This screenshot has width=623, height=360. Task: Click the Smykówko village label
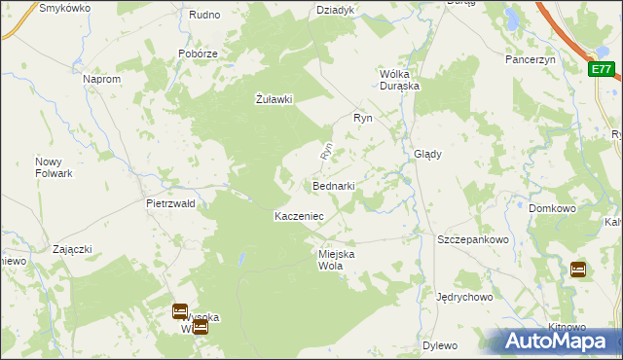click(64, 8)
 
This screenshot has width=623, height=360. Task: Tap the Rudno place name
click(204, 15)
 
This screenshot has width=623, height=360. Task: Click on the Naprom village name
click(102, 79)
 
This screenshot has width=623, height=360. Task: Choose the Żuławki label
click(274, 98)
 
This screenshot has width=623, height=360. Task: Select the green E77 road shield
click(602, 69)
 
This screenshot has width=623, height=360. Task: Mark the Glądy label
click(428, 154)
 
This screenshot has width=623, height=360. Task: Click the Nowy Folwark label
click(55, 167)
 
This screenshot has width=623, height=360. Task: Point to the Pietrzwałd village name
click(170, 204)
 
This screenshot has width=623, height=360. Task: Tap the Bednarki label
click(333, 185)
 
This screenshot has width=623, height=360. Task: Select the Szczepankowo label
click(474, 239)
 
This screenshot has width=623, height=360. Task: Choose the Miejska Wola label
click(337, 260)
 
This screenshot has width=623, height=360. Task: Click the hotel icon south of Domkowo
click(577, 270)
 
